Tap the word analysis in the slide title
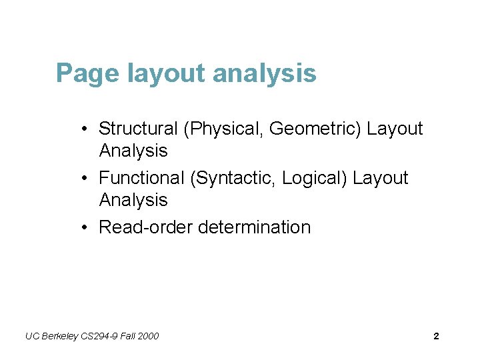click(x=265, y=73)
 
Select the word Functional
click(x=141, y=178)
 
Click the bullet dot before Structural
click(x=87, y=129)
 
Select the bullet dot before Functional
click(x=87, y=179)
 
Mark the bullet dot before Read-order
click(x=87, y=228)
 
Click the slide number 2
click(x=436, y=336)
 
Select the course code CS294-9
click(x=101, y=336)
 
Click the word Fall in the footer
click(x=128, y=336)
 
